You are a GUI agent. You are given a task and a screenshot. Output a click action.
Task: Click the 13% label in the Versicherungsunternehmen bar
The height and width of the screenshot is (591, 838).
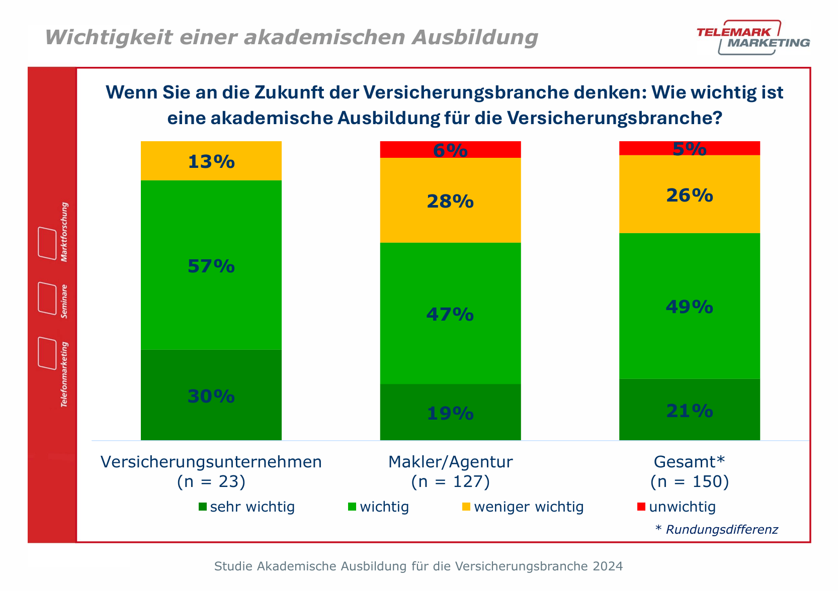tap(211, 162)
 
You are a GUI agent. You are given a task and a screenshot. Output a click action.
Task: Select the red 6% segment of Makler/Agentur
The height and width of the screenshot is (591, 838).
tap(450, 150)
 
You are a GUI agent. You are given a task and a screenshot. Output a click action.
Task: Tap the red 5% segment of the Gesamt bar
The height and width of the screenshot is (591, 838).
tap(689, 148)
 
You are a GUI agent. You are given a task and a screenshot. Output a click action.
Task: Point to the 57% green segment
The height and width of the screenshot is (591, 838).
tap(211, 265)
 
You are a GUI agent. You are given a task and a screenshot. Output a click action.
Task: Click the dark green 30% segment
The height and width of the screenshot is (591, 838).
tap(211, 396)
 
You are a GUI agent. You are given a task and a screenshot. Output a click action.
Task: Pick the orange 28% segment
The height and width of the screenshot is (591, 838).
tap(450, 201)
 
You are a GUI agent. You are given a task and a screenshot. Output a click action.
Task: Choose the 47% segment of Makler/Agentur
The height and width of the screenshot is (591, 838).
tap(450, 314)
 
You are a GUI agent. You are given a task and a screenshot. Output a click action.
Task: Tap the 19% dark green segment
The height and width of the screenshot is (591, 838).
tap(450, 413)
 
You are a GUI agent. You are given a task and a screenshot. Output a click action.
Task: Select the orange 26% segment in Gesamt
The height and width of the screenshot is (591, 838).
tap(689, 195)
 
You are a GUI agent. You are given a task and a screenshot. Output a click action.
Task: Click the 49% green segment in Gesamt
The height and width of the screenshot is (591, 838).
tap(689, 306)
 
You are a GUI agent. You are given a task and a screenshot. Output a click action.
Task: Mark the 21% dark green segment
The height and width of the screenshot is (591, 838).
tap(689, 411)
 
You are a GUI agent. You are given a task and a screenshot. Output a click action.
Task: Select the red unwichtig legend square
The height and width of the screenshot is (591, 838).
tap(641, 507)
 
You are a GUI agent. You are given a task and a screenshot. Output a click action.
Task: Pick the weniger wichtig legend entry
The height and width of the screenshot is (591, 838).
tap(523, 507)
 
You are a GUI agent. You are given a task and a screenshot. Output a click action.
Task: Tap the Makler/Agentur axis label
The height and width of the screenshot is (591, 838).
tap(450, 461)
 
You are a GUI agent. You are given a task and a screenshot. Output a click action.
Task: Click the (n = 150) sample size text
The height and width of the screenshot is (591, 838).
tap(689, 481)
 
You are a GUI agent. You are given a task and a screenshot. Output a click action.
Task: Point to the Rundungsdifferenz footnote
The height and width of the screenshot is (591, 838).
tap(716, 529)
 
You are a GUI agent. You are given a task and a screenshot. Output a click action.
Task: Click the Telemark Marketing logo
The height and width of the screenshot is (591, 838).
tap(753, 38)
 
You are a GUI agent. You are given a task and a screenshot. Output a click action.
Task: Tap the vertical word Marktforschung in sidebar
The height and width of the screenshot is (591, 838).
tap(64, 232)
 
